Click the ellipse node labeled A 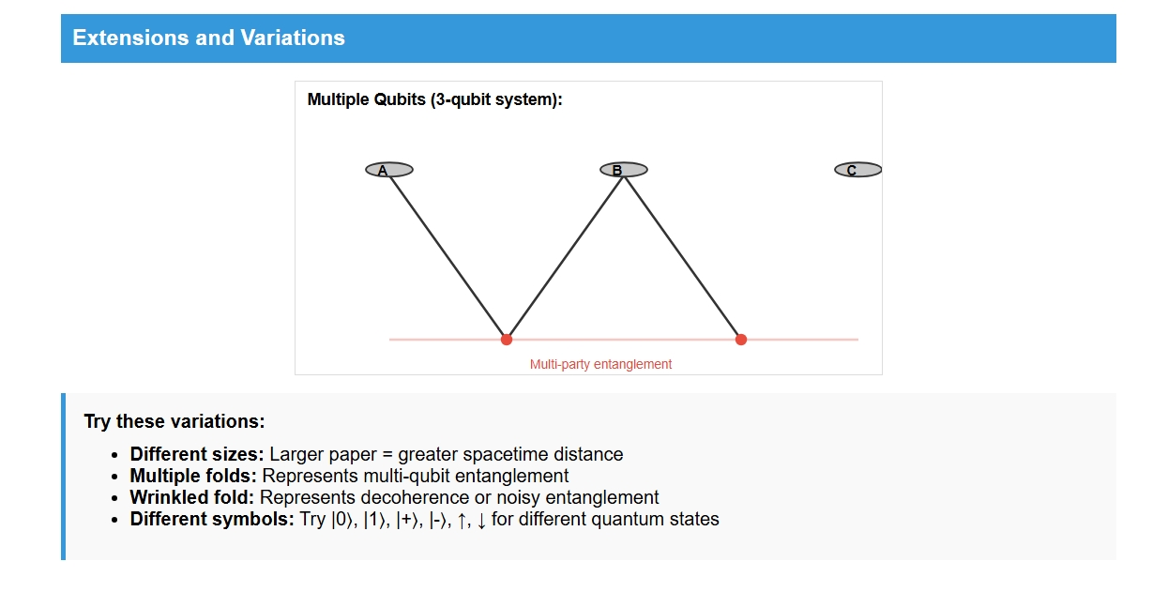(x=389, y=170)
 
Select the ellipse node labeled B (x=624, y=170)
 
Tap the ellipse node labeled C (x=858, y=170)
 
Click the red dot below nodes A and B (x=507, y=340)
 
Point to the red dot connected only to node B (x=741, y=340)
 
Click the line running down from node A (x=447, y=254)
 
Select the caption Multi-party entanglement (x=600, y=364)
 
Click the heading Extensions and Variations (x=208, y=38)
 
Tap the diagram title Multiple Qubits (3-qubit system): (x=435, y=99)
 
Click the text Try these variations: (x=174, y=421)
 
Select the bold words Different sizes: (x=197, y=454)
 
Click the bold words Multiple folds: (x=193, y=476)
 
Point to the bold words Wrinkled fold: (x=192, y=497)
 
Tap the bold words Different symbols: (x=212, y=519)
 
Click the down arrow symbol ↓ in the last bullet (x=481, y=520)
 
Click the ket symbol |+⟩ (x=407, y=520)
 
